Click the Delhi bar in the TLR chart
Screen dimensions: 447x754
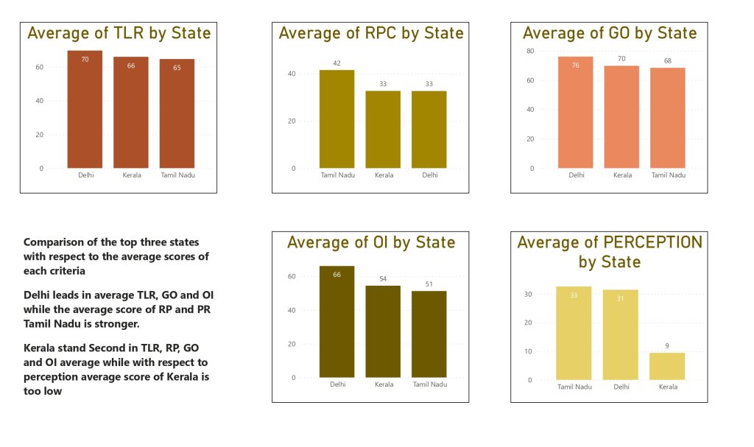point(85,110)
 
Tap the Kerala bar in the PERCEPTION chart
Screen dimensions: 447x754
point(666,367)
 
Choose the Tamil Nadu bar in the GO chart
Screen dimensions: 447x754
point(668,118)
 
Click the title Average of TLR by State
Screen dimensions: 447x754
point(119,33)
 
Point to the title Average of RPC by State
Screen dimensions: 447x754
point(371,33)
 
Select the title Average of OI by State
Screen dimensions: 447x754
point(371,242)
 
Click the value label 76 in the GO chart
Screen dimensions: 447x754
point(575,65)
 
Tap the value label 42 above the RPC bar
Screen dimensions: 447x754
point(337,63)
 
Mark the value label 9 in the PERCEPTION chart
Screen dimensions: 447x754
point(666,346)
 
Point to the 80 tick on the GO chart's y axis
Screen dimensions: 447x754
point(530,51)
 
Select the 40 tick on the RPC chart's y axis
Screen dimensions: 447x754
point(292,74)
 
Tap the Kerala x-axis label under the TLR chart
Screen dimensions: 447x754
point(131,175)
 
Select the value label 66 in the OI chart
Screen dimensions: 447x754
point(337,275)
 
